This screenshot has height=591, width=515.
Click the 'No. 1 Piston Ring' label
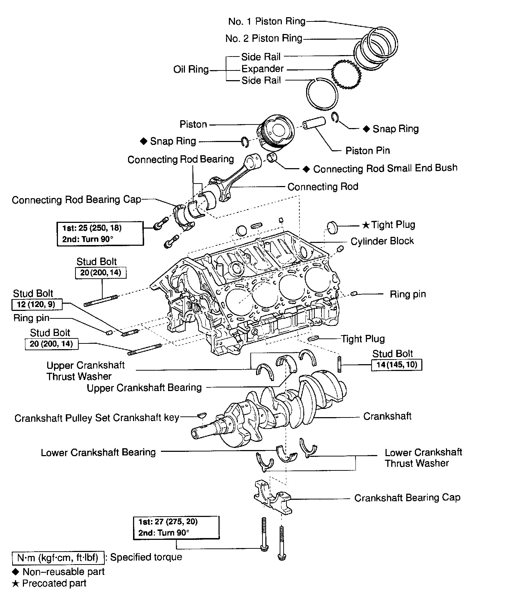coord(267,21)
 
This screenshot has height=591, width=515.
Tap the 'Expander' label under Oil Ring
coord(263,69)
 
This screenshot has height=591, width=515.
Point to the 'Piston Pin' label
coord(367,151)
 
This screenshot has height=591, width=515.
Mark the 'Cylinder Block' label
coord(382,241)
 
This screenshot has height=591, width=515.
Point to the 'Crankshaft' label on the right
coord(387,416)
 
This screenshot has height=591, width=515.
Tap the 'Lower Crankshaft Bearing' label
coord(98,453)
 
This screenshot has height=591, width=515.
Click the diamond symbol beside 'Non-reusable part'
coord(15,571)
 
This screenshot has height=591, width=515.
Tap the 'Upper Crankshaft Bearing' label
coord(144,387)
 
